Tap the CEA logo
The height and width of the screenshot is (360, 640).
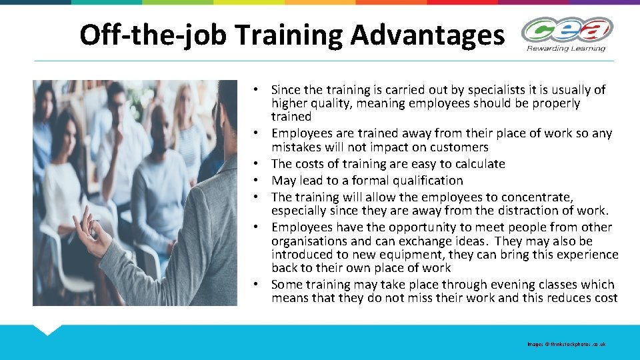tap(567, 31)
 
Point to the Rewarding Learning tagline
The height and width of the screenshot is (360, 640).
tap(567, 48)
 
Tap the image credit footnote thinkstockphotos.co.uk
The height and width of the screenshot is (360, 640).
tap(566, 344)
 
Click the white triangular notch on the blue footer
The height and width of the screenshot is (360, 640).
tap(47, 329)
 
